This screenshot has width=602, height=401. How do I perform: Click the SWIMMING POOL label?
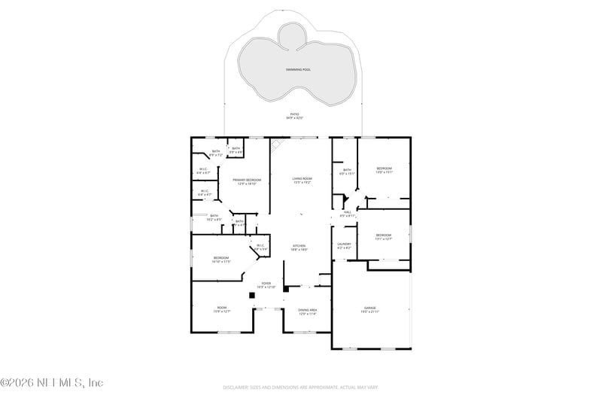pyautogui.click(x=298, y=69)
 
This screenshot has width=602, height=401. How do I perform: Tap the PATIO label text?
pyautogui.click(x=293, y=114)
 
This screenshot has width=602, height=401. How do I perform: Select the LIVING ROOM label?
pyautogui.click(x=302, y=178)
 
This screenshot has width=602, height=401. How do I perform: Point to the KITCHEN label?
pyautogui.click(x=299, y=245)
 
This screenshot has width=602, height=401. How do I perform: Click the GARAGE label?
pyautogui.click(x=369, y=307)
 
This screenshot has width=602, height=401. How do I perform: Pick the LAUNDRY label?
pyautogui.click(x=345, y=244)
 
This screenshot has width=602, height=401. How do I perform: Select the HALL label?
pyautogui.click(x=348, y=211)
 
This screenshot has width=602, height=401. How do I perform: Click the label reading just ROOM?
pyautogui.click(x=222, y=307)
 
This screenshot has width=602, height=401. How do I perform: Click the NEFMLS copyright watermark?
pyautogui.click(x=52, y=383)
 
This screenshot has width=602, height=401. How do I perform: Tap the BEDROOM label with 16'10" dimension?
pyautogui.click(x=220, y=258)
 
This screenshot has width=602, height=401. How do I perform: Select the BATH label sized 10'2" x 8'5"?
pyautogui.click(x=214, y=216)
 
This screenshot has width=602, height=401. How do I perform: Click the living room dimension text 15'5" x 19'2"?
pyautogui.click(x=302, y=183)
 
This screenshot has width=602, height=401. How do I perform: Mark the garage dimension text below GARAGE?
pyautogui.click(x=369, y=311)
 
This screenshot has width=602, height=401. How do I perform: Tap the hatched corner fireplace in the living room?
pyautogui.click(x=277, y=143)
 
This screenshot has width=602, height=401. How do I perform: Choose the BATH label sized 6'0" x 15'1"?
pyautogui.click(x=347, y=170)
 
